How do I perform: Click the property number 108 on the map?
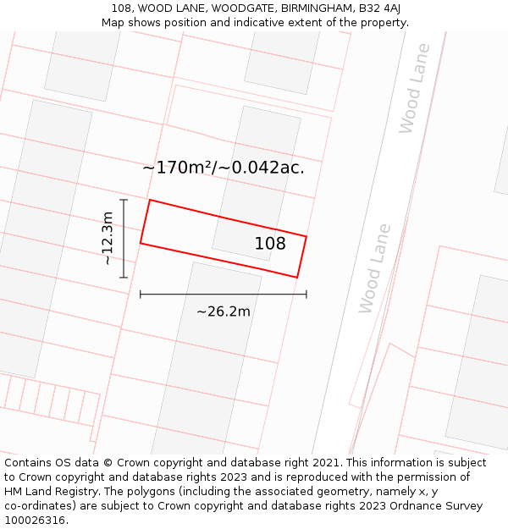(x=270, y=244)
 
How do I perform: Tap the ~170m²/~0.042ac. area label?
(x=223, y=168)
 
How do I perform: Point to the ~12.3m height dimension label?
(x=108, y=239)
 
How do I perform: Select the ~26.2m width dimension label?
(x=223, y=311)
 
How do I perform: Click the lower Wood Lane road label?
(x=375, y=268)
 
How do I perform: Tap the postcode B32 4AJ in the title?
(x=380, y=8)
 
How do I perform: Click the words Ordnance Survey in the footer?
(x=435, y=505)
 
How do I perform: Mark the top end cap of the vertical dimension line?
(x=124, y=200)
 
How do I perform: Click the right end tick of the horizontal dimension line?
(x=306, y=294)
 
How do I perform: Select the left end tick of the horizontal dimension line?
(x=141, y=294)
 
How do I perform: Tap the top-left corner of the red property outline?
(x=150, y=201)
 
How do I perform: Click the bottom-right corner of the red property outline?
(x=297, y=277)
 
